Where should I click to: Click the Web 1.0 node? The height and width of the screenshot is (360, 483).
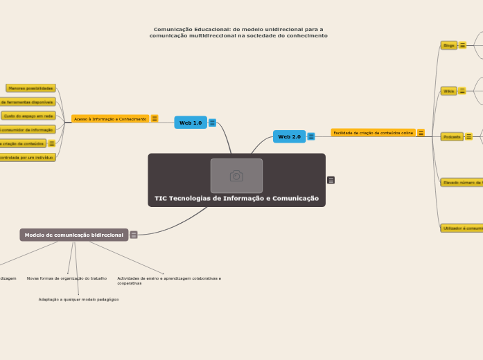click(x=191, y=123)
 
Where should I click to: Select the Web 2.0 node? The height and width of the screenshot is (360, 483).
click(x=289, y=136)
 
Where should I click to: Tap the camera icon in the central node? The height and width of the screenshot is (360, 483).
click(x=236, y=176)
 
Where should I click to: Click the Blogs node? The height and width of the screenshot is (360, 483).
click(x=449, y=45)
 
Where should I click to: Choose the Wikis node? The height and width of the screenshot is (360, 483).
click(x=449, y=91)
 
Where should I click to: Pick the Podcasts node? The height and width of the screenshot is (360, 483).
click(x=452, y=137)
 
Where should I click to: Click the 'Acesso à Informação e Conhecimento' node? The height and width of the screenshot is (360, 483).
click(x=110, y=119)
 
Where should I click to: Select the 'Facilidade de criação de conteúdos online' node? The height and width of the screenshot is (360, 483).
click(x=373, y=132)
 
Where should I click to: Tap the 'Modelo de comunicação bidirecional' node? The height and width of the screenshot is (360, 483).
click(x=74, y=235)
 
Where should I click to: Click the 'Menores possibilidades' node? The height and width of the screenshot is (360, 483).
click(x=30, y=89)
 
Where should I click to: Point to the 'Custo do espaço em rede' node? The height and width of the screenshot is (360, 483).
click(x=28, y=116)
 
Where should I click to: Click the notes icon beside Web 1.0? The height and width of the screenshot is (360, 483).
click(x=212, y=123)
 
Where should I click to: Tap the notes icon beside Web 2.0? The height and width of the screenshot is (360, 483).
click(x=311, y=136)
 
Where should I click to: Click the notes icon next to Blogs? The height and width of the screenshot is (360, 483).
click(x=462, y=45)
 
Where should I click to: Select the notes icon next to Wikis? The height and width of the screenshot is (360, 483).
click(x=462, y=91)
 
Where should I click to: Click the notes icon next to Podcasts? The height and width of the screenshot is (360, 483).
click(x=469, y=137)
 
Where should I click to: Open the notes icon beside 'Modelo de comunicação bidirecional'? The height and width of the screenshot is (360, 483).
click(x=134, y=235)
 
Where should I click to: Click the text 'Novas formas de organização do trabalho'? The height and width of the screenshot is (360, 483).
click(x=67, y=278)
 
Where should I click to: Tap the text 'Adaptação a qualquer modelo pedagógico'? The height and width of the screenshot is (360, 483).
click(x=78, y=299)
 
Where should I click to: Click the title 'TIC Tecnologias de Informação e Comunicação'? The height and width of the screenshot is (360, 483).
click(x=236, y=199)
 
